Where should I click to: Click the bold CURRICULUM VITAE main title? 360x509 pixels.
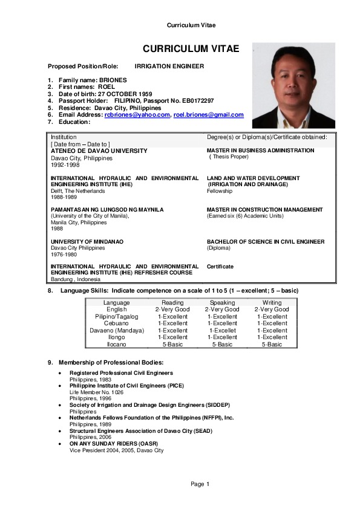191,49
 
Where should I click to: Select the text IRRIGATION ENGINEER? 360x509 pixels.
169,66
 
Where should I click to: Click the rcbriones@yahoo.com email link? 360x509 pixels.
137,115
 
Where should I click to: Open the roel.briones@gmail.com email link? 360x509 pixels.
208,115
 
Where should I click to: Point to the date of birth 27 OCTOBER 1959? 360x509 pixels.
122,94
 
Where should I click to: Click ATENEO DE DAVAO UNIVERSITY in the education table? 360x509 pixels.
99,151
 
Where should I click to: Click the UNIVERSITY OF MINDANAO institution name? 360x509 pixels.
87,242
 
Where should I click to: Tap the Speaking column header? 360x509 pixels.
222,302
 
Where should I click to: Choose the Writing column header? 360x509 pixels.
272,302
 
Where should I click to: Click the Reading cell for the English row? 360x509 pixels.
172,310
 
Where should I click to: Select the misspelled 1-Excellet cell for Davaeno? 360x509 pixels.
222,331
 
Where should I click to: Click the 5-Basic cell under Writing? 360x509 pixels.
272,345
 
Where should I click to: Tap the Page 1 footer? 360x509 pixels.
200,484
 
